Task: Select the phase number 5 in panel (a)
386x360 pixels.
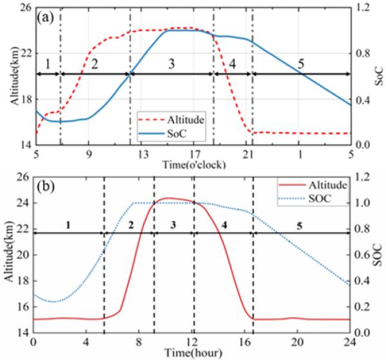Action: [300, 66]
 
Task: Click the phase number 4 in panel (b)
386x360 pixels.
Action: [223, 224]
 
